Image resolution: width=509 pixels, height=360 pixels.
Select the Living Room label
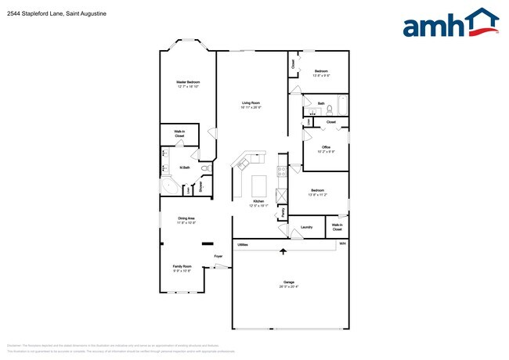pyautogui.click(x=251, y=103)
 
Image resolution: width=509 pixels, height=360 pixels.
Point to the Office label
pyautogui.click(x=327, y=147)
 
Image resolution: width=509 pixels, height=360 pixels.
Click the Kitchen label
pyautogui.click(x=258, y=202)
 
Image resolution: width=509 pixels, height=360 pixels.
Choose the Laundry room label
pyautogui.click(x=306, y=228)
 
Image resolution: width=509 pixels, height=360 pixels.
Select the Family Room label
pyautogui.click(x=182, y=266)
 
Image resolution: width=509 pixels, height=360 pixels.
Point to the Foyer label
pyautogui.click(x=218, y=256)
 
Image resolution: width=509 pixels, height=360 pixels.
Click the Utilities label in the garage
pyautogui.click(x=243, y=245)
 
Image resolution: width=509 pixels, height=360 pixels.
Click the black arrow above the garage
pyautogui.click(x=283, y=250)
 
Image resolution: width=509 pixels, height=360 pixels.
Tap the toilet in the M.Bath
pyautogui.click(x=205, y=168)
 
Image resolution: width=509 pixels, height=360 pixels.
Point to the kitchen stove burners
pyautogui.click(x=244, y=164)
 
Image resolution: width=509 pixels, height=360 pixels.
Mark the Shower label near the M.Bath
pyautogui.click(x=200, y=187)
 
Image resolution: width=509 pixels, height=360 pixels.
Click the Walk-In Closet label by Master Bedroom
pyautogui.click(x=179, y=134)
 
